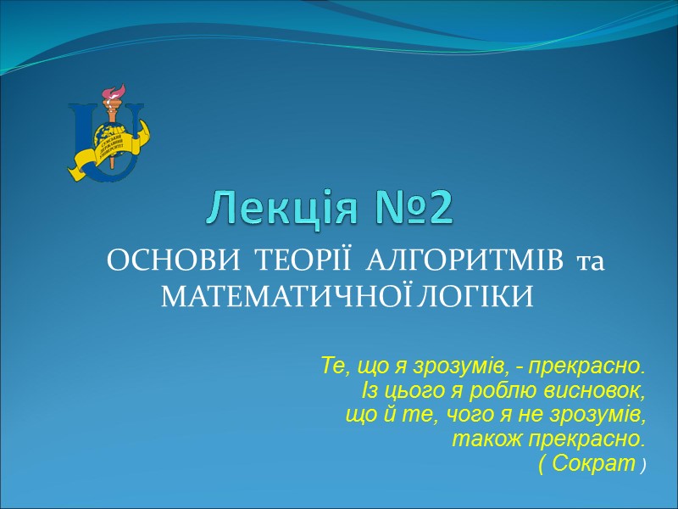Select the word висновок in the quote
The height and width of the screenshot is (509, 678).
[603, 391]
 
